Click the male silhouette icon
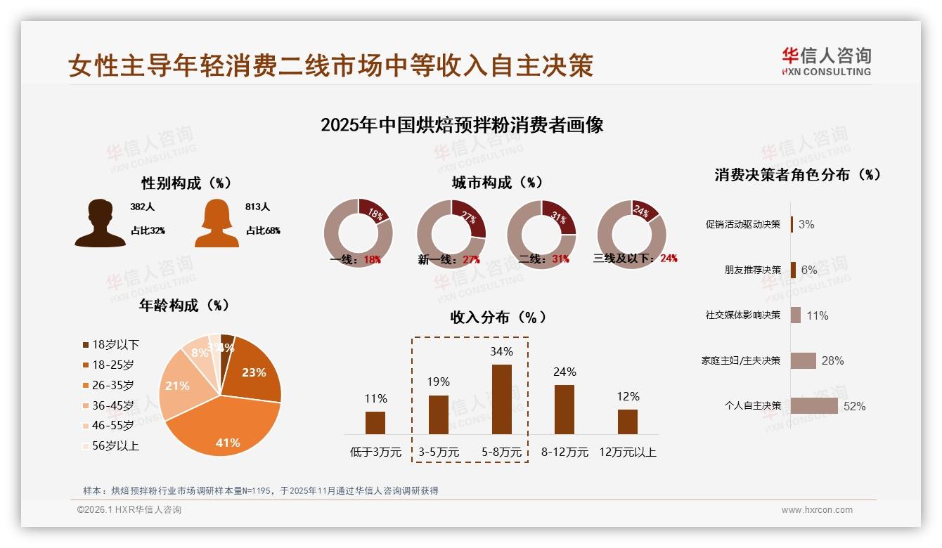click(x=100, y=223)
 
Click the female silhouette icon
click(x=217, y=223)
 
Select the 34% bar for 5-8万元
click(x=501, y=399)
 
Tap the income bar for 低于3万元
click(x=375, y=422)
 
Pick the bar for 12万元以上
click(x=627, y=422)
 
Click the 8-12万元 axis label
click(x=564, y=452)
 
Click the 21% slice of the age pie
click(x=178, y=386)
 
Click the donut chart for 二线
click(x=541, y=233)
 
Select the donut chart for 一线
click(x=358, y=233)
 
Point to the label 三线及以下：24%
click(x=635, y=259)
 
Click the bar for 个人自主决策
click(x=814, y=406)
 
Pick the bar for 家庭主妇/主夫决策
click(x=803, y=360)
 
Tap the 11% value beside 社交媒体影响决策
click(x=817, y=315)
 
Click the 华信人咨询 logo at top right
click(x=826, y=61)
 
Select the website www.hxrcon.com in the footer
click(x=817, y=510)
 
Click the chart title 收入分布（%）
click(x=498, y=317)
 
